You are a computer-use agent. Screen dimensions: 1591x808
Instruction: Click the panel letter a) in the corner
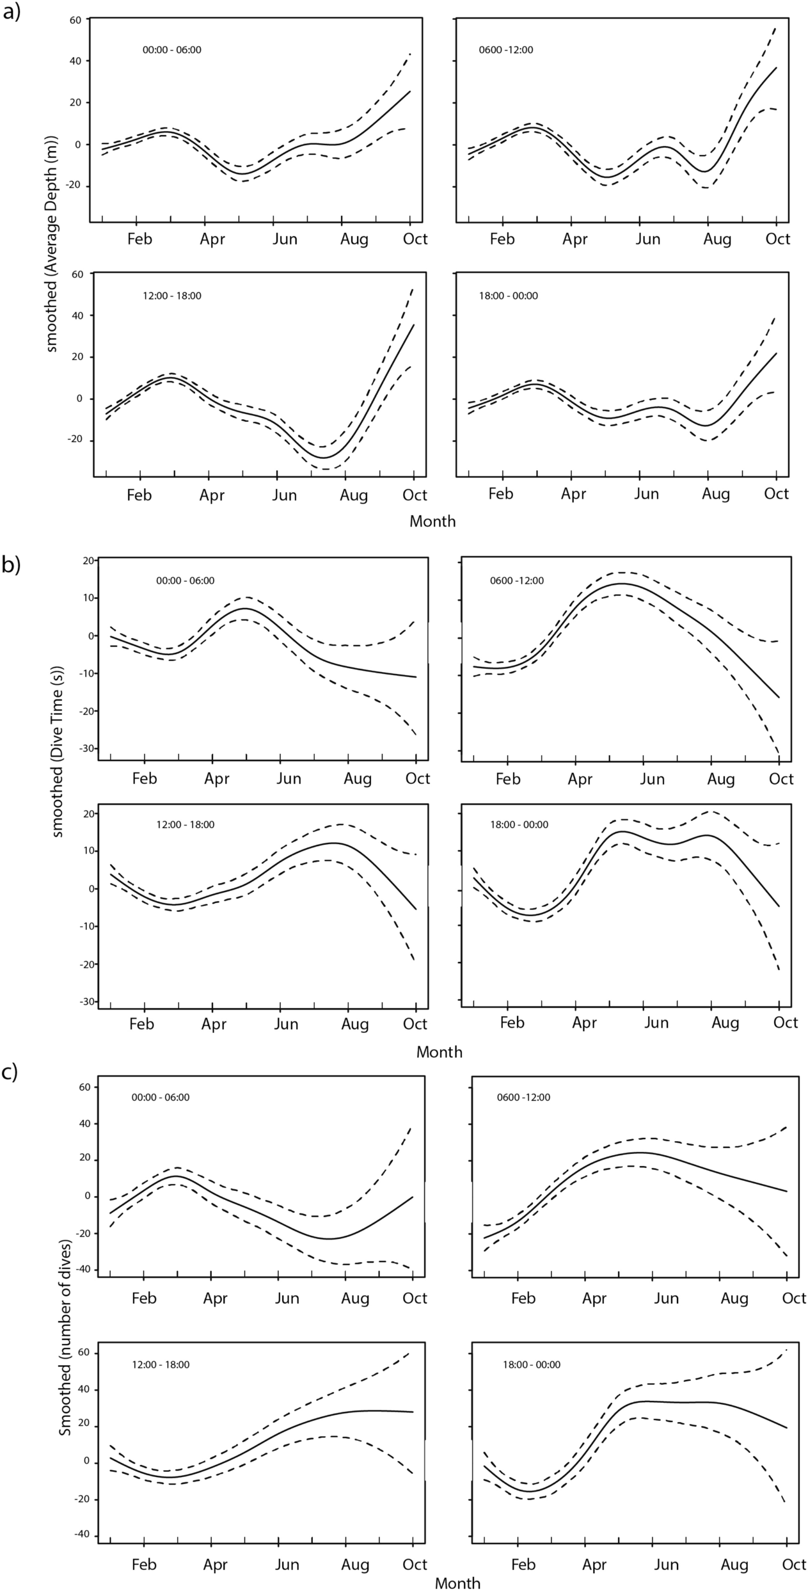pyautogui.click(x=13, y=13)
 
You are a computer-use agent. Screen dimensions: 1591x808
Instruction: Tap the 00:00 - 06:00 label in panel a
pyautogui.click(x=171, y=49)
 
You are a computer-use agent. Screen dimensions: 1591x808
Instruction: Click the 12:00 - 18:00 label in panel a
pyautogui.click(x=171, y=296)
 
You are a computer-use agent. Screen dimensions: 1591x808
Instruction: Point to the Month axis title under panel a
pyautogui.click(x=432, y=522)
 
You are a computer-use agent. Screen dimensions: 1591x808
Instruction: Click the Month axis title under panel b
pyautogui.click(x=439, y=1052)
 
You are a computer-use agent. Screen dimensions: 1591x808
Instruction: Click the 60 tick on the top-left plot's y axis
pyautogui.click(x=75, y=20)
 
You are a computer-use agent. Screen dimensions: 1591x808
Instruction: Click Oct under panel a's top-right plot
pyautogui.click(x=778, y=239)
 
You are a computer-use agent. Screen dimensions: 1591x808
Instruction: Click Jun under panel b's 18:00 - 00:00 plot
pyautogui.click(x=656, y=1023)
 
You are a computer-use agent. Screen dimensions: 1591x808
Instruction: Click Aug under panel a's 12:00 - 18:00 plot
pyautogui.click(x=354, y=495)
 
